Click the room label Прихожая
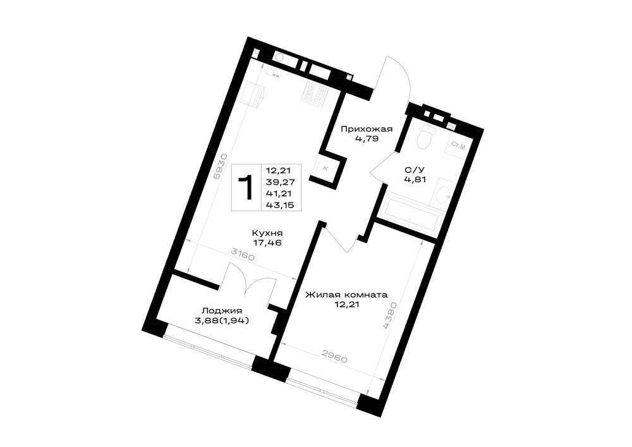(367, 130)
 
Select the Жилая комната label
(346, 295)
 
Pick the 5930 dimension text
(217, 166)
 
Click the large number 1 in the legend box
(245, 187)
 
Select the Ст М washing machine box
(458, 147)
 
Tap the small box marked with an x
(326, 169)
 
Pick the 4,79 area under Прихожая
(367, 140)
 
